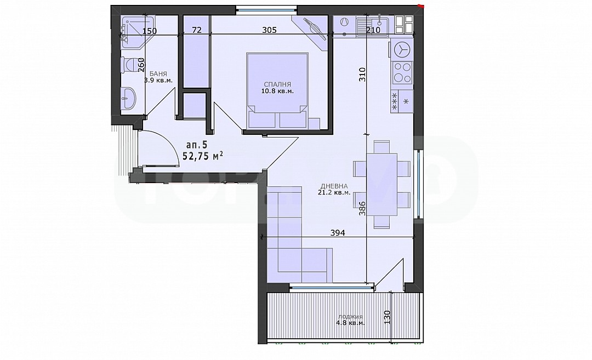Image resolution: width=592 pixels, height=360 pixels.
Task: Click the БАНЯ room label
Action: tap(158, 74)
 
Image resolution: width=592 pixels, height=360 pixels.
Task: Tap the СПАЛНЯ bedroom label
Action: tap(277, 84)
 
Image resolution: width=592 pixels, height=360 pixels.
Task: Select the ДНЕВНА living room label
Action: tap(334, 186)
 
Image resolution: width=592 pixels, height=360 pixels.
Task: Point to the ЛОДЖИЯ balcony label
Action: tap(350, 317)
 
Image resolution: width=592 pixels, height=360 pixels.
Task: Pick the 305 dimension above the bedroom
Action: tap(269, 30)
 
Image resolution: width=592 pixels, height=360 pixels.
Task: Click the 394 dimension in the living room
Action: tap(338, 233)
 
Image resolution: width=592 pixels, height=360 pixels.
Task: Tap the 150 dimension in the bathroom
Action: tap(150, 31)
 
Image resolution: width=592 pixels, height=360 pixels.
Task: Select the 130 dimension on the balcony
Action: tap(387, 318)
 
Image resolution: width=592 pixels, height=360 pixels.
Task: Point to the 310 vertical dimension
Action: tap(362, 75)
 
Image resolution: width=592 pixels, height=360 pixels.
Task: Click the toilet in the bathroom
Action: tap(128, 66)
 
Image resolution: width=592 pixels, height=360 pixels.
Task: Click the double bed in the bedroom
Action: tap(277, 90)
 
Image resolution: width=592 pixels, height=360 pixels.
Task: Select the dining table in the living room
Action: tap(382, 184)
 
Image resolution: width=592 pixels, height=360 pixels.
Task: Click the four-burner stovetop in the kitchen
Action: tap(402, 73)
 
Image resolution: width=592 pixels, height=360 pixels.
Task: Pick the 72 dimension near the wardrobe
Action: tap(197, 30)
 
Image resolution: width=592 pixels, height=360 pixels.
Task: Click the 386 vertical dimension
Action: tap(362, 208)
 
